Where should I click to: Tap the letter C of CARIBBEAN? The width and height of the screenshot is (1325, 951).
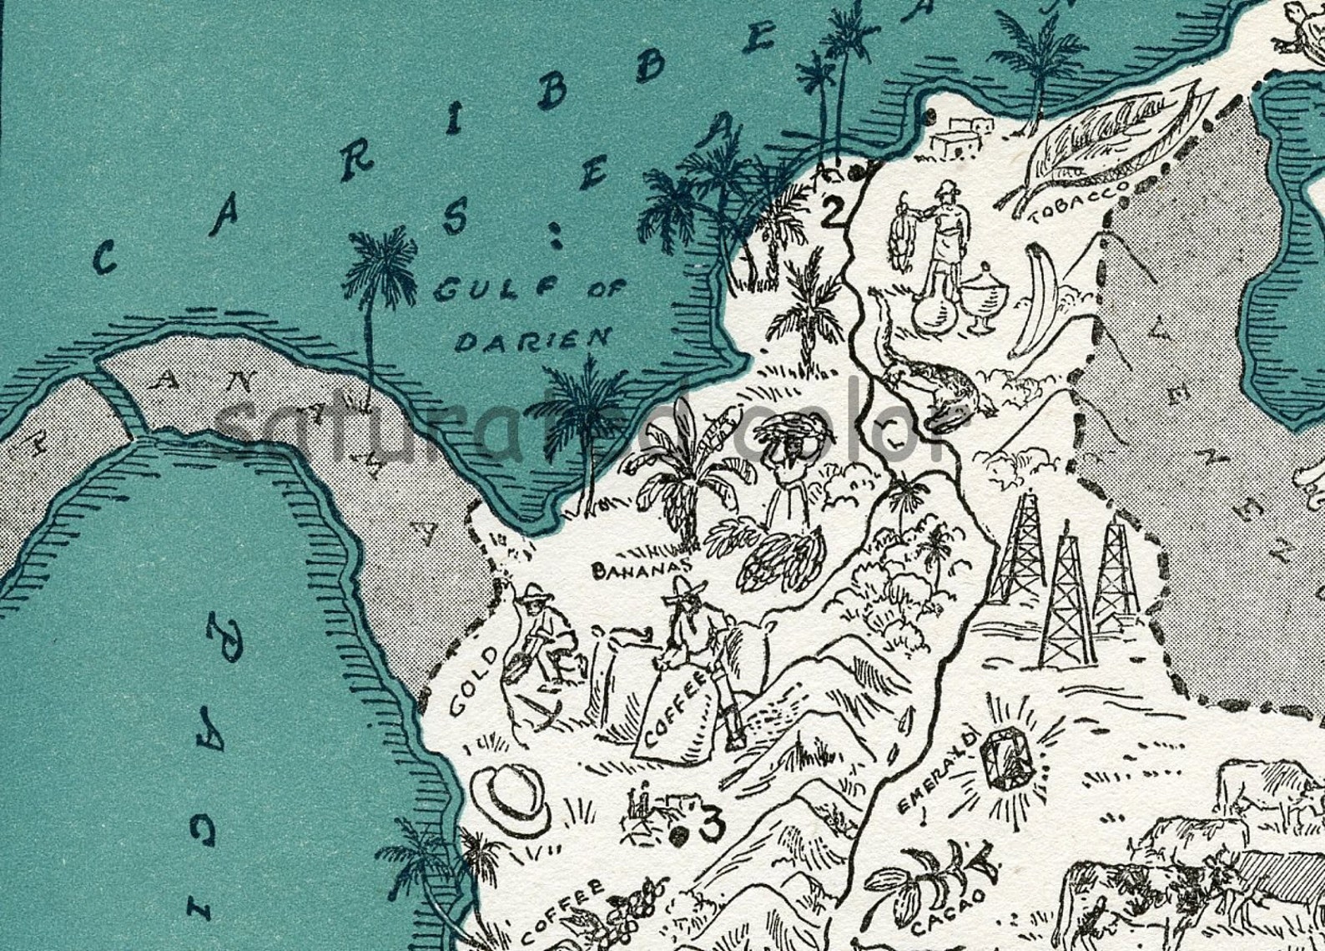103,261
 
